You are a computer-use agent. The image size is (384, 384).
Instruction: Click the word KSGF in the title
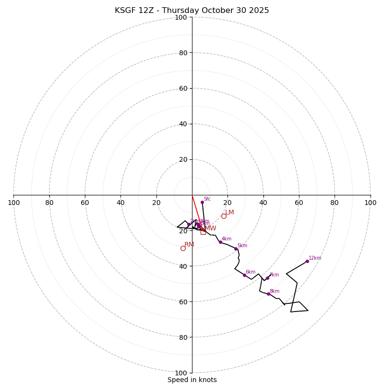[x=125, y=11]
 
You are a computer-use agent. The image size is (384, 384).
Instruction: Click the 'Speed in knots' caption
[x=192, y=380]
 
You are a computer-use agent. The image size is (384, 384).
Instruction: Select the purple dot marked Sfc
[x=202, y=202]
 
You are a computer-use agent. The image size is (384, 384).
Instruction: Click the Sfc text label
[x=207, y=199]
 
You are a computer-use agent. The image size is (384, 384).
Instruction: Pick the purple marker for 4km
[x=220, y=242]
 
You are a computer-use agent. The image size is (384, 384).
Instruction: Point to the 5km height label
[x=242, y=246]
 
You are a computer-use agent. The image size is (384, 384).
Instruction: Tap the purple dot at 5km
[x=236, y=249]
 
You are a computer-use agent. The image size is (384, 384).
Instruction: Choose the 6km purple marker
[x=244, y=275]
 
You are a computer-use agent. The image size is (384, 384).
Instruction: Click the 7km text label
[x=274, y=275]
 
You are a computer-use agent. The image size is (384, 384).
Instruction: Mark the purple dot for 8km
[x=268, y=294]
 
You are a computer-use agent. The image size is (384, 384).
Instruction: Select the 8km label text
[x=275, y=291]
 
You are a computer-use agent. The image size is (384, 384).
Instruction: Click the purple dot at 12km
[x=307, y=261]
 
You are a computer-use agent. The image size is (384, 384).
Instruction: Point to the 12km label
[x=315, y=258]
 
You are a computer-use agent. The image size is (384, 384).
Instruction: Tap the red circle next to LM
[x=224, y=216]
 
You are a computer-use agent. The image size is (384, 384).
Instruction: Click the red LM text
[x=230, y=213]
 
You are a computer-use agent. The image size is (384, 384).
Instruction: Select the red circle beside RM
[x=183, y=248]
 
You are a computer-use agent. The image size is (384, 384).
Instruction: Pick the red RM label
[x=189, y=245]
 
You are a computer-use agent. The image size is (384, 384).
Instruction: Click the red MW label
[x=210, y=228]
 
